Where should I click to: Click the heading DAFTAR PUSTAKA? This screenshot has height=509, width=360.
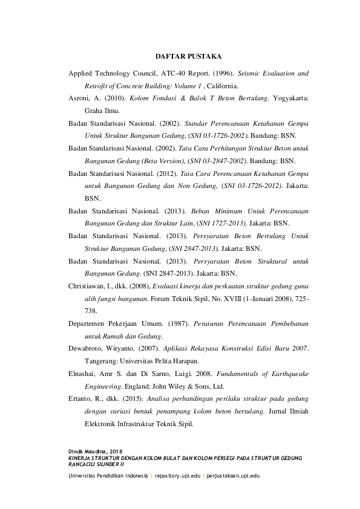click(188, 56)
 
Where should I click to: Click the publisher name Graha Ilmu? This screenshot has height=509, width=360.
click(102, 111)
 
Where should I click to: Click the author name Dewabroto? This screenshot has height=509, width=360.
click(87, 348)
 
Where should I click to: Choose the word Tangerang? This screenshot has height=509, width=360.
click(103, 361)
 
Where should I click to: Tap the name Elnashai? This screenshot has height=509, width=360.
click(84, 374)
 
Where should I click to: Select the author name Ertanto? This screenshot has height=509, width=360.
click(82, 398)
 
